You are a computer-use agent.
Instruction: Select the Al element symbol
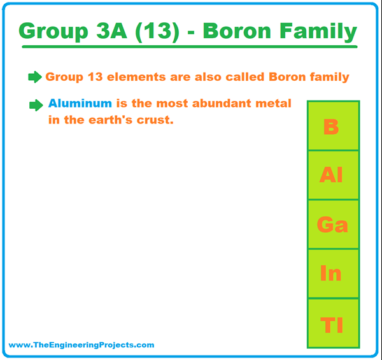[x=331, y=175]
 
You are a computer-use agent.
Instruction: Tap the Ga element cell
[x=332, y=224]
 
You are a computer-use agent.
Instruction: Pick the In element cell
[x=331, y=273]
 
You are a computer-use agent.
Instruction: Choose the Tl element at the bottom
[x=331, y=325]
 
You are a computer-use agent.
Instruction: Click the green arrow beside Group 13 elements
[x=34, y=77]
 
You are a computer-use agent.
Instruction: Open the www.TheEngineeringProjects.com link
[x=81, y=345]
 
